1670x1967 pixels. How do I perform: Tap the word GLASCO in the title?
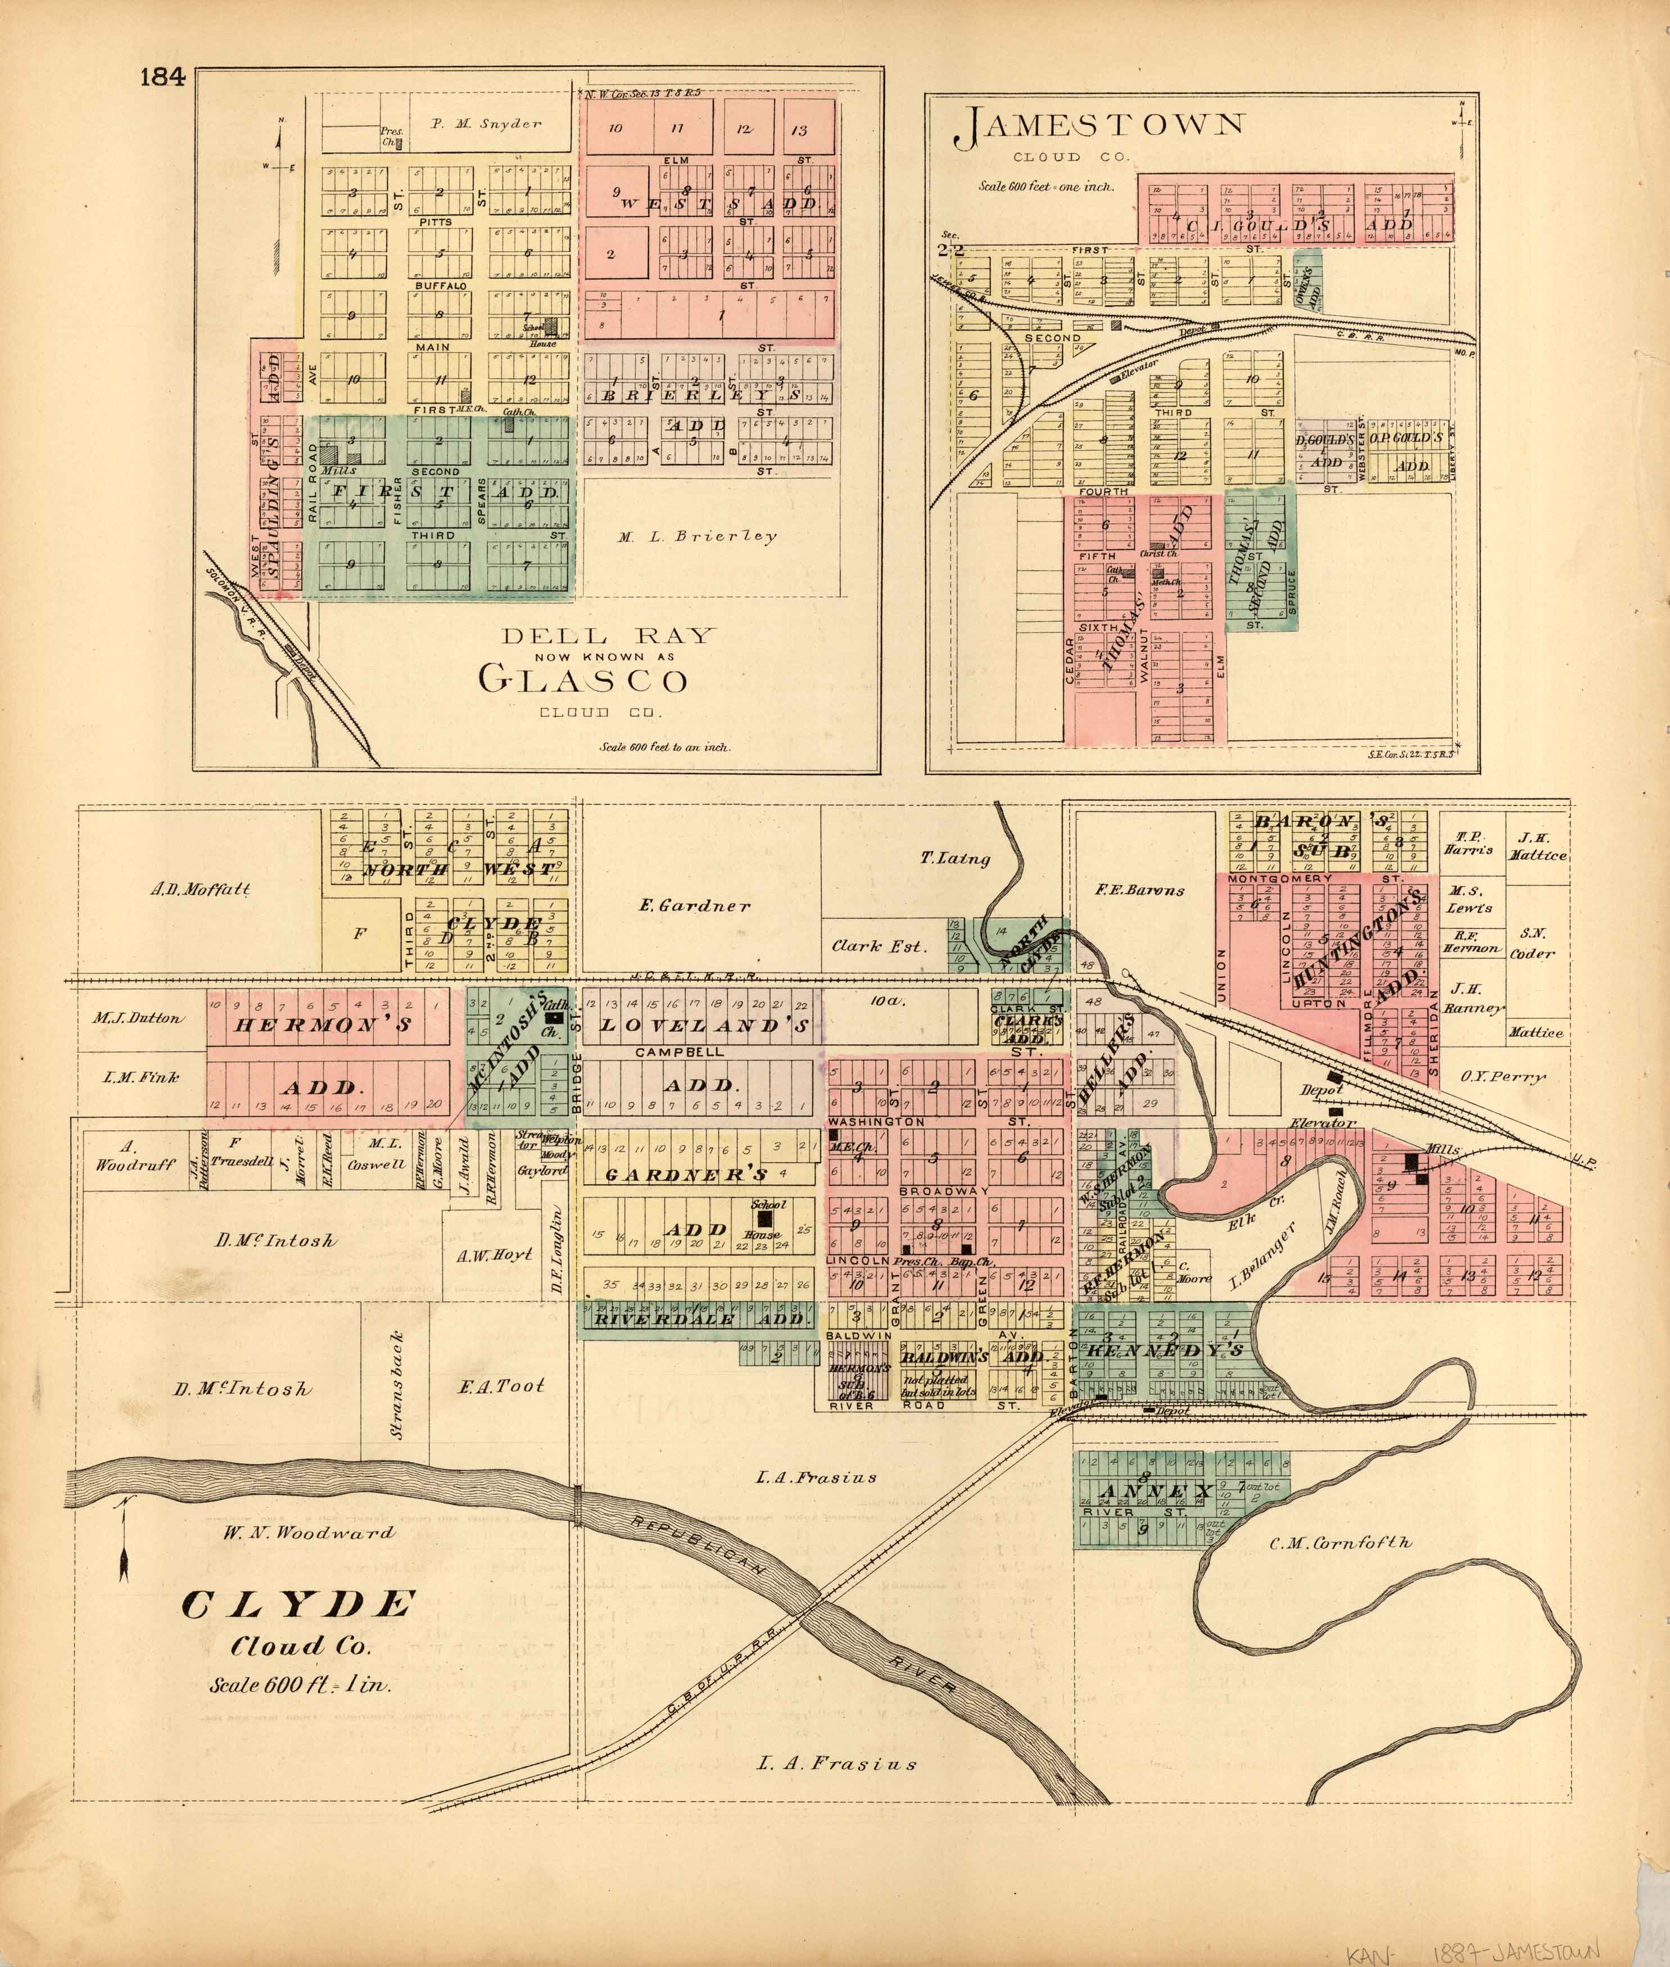pyautogui.click(x=582, y=679)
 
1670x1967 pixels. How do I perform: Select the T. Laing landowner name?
pyautogui.click(x=955, y=859)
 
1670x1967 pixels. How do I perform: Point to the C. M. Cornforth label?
pyautogui.click(x=1339, y=1543)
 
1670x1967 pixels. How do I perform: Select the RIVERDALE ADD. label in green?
pyautogui.click(x=698, y=1320)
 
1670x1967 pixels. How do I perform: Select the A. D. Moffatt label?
pyautogui.click(x=201, y=890)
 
